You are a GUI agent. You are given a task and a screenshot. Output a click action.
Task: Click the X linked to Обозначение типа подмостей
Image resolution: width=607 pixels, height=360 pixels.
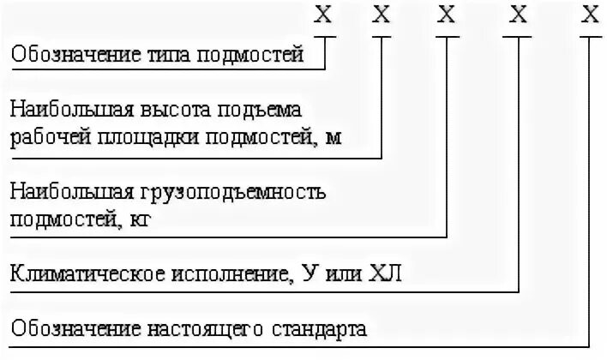click(323, 14)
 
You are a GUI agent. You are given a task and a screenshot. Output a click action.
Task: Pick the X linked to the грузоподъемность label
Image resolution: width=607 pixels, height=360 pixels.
click(447, 14)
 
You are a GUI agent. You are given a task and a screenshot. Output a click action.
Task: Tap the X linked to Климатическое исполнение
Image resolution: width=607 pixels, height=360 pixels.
click(518, 14)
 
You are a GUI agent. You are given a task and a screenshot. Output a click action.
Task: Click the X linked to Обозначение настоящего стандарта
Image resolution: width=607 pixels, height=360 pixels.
click(589, 14)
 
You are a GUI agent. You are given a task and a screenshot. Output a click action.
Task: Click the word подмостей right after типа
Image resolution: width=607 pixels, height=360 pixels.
click(251, 56)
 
